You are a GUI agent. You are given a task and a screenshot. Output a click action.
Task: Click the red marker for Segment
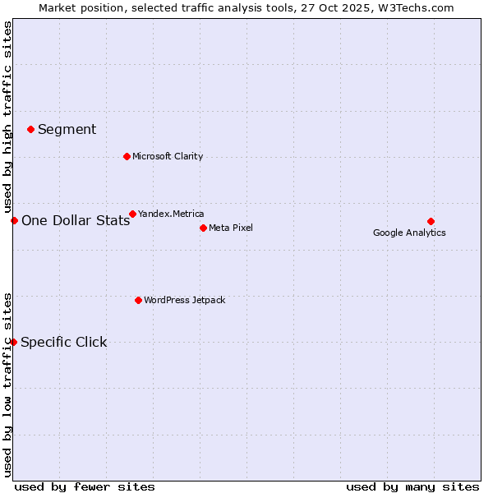pos(30,129)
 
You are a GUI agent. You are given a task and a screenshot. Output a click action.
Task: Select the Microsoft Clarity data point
pos(127,156)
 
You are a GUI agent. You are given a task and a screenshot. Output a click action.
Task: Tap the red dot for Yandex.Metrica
pos(132,214)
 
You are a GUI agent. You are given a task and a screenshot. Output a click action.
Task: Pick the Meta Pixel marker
pos(203,228)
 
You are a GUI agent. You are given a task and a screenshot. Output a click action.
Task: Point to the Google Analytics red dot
pos(431,221)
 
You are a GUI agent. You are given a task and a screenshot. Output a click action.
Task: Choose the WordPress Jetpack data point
pos(138,300)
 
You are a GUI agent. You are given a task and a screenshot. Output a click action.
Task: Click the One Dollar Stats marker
pos(14,220)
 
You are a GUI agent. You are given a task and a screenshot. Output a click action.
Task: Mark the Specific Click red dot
pos(13,342)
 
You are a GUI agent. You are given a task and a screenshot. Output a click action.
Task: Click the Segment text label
pos(67,129)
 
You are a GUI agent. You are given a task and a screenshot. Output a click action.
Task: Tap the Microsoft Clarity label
pos(168,156)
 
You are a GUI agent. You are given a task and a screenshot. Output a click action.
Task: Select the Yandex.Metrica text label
pos(171,214)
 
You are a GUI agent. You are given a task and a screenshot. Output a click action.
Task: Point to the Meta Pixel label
pos(231,228)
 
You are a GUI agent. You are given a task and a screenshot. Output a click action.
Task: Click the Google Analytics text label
pos(409,233)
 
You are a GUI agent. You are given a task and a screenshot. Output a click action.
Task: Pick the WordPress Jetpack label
pos(184,300)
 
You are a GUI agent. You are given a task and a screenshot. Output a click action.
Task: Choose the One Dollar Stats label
pos(76,220)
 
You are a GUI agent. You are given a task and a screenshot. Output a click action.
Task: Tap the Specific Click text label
pos(64,342)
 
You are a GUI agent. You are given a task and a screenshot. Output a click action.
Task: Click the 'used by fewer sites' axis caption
pos(85,486)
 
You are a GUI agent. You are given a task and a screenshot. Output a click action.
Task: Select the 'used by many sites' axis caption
pos(412,486)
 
